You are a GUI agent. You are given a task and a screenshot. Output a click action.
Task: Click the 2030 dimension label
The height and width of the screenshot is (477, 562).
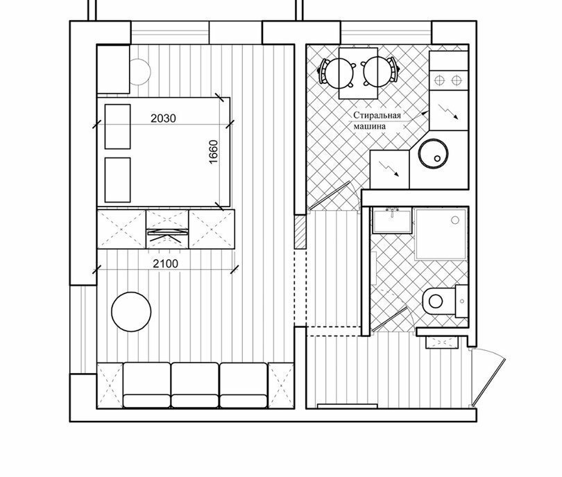coord(163,118)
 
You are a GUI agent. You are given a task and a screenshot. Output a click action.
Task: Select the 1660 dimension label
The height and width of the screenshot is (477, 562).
coord(213,152)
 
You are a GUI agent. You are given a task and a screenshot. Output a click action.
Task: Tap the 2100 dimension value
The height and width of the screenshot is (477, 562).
coord(165,264)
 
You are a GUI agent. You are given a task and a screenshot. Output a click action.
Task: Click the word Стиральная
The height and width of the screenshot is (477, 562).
coord(377,115)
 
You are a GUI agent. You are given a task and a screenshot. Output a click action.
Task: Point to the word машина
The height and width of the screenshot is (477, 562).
coord(370,126)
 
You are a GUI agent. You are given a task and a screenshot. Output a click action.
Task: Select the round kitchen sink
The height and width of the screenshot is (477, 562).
coord(434,153)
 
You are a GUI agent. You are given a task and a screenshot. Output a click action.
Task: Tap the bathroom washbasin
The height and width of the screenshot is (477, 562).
coord(392,221)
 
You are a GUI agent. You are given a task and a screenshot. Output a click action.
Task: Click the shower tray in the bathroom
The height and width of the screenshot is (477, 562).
coord(441,234)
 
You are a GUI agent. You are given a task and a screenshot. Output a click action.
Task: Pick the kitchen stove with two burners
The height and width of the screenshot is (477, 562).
coord(448,80)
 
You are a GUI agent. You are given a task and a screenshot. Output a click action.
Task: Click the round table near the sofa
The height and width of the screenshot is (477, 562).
coord(131,312)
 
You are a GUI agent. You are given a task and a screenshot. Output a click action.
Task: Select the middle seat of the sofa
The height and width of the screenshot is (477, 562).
coord(195,385)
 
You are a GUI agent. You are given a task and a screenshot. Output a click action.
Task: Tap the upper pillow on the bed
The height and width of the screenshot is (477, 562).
coord(117,126)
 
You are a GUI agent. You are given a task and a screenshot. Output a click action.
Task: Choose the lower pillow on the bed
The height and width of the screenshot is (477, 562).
coord(117,180)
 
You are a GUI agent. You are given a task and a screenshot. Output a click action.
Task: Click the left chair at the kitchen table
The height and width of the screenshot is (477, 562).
coord(336,73)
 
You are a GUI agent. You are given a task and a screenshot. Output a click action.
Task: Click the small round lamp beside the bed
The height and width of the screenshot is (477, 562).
coord(140,71)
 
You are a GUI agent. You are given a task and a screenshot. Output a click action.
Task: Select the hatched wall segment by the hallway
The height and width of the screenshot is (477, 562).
coord(300,232)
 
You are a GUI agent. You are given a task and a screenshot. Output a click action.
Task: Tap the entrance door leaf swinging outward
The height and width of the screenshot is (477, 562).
coord(489,381)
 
